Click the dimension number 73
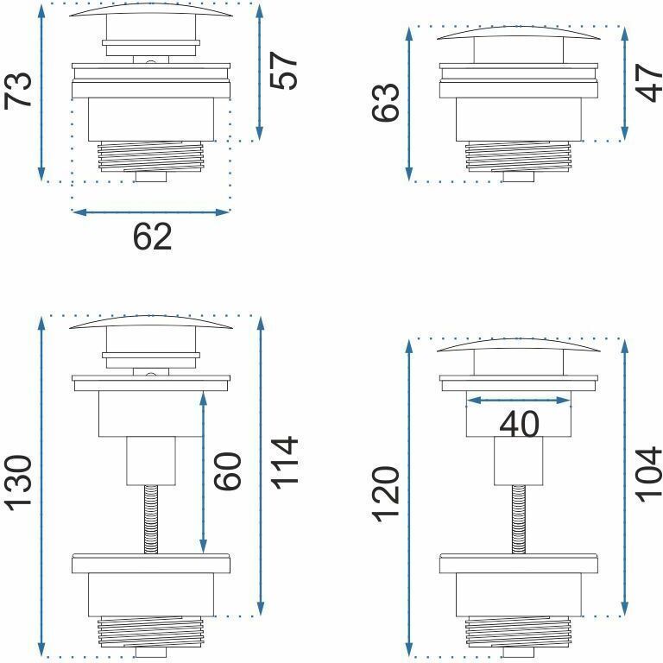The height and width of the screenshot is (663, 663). pyautogui.click(x=18, y=91)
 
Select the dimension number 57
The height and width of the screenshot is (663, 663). pyautogui.click(x=283, y=71)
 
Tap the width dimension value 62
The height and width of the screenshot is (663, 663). pyautogui.click(x=152, y=237)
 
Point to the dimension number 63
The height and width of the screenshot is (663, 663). pyautogui.click(x=386, y=103)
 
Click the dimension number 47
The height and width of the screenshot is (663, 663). pyautogui.click(x=649, y=83)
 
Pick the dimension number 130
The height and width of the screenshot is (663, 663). pyautogui.click(x=18, y=483)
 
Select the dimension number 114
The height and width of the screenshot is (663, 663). pyautogui.click(x=284, y=464)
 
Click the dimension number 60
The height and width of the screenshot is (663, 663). pyautogui.click(x=228, y=471)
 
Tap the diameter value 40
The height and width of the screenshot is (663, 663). pyautogui.click(x=519, y=424)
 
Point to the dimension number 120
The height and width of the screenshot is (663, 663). pyautogui.click(x=386, y=495)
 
